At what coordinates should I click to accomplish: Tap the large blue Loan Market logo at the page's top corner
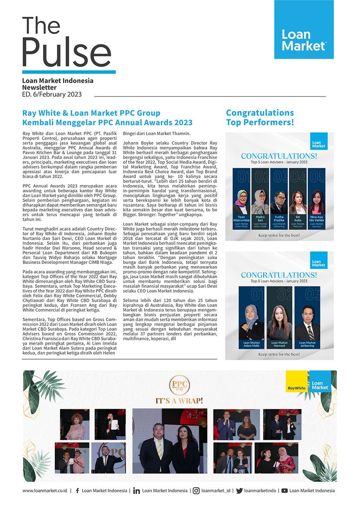[x=304, y=30]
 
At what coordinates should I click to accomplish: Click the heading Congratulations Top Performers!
[x=260, y=118]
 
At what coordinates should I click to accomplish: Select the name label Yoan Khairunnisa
[x=242, y=219]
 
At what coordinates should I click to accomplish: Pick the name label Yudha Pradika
[x=279, y=219]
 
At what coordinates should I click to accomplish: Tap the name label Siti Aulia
[x=298, y=219]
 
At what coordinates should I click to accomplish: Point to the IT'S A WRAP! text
[x=180, y=400]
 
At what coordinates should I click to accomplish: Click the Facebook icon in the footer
[x=77, y=491]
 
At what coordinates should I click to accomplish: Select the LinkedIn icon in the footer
[x=136, y=491]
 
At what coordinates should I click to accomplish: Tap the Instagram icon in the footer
[x=197, y=491]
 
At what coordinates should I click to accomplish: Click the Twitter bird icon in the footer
[x=239, y=491]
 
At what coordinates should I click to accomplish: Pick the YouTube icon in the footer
[x=284, y=491]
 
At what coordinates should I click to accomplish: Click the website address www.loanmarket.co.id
[x=44, y=491]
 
